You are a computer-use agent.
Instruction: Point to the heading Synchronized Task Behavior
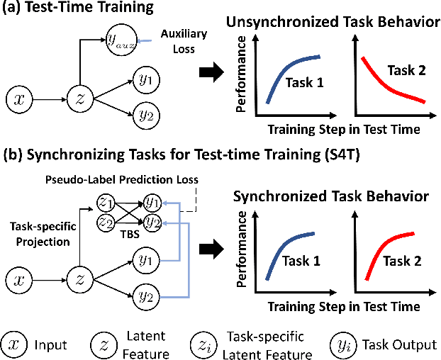(x=329, y=195)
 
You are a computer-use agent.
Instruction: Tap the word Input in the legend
(x=51, y=345)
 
